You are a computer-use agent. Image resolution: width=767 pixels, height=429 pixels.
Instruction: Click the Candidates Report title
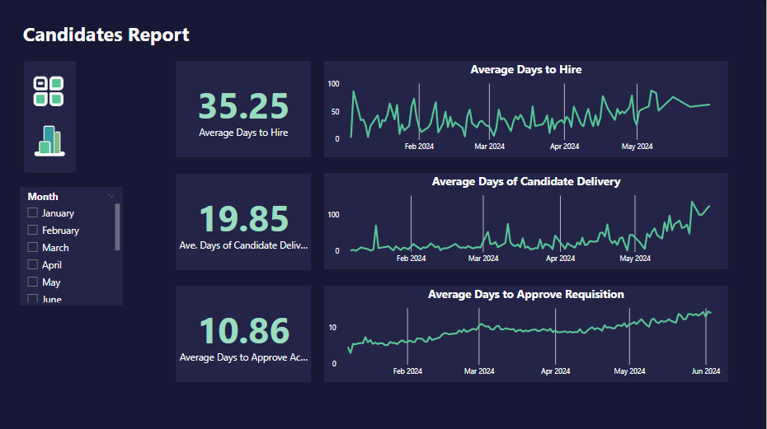[x=106, y=35]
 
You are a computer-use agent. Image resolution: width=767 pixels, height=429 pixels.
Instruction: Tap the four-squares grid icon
[x=49, y=91]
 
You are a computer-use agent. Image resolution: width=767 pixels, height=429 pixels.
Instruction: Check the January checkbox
[x=33, y=212]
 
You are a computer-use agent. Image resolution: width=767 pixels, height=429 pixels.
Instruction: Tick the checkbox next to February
[x=33, y=231]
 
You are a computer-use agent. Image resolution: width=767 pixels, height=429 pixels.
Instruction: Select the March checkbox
[x=33, y=247]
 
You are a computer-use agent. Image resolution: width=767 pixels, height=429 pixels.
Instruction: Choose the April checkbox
[x=33, y=265]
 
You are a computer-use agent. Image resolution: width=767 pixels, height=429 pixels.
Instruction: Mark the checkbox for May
[x=33, y=282]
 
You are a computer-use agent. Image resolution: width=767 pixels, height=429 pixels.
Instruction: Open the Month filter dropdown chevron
[x=111, y=196]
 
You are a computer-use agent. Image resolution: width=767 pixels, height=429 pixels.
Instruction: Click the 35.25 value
[x=243, y=106]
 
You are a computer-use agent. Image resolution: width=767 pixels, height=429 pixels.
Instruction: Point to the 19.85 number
[x=243, y=219]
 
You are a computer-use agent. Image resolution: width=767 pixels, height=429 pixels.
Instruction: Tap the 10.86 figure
[x=243, y=331]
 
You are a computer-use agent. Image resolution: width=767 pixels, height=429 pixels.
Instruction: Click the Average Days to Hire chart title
[x=525, y=70]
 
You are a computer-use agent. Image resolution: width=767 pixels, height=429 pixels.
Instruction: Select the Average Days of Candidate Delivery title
[x=525, y=181]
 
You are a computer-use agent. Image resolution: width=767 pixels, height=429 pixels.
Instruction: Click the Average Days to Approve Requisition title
[x=525, y=294]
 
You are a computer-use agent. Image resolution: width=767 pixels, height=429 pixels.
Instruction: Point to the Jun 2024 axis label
[x=705, y=371]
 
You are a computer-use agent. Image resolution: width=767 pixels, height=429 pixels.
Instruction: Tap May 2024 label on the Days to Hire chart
[x=636, y=147]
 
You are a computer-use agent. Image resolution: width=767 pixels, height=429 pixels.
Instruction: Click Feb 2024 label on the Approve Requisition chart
[x=407, y=371]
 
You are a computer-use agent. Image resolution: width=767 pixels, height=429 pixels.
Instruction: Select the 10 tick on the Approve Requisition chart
[x=332, y=328]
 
